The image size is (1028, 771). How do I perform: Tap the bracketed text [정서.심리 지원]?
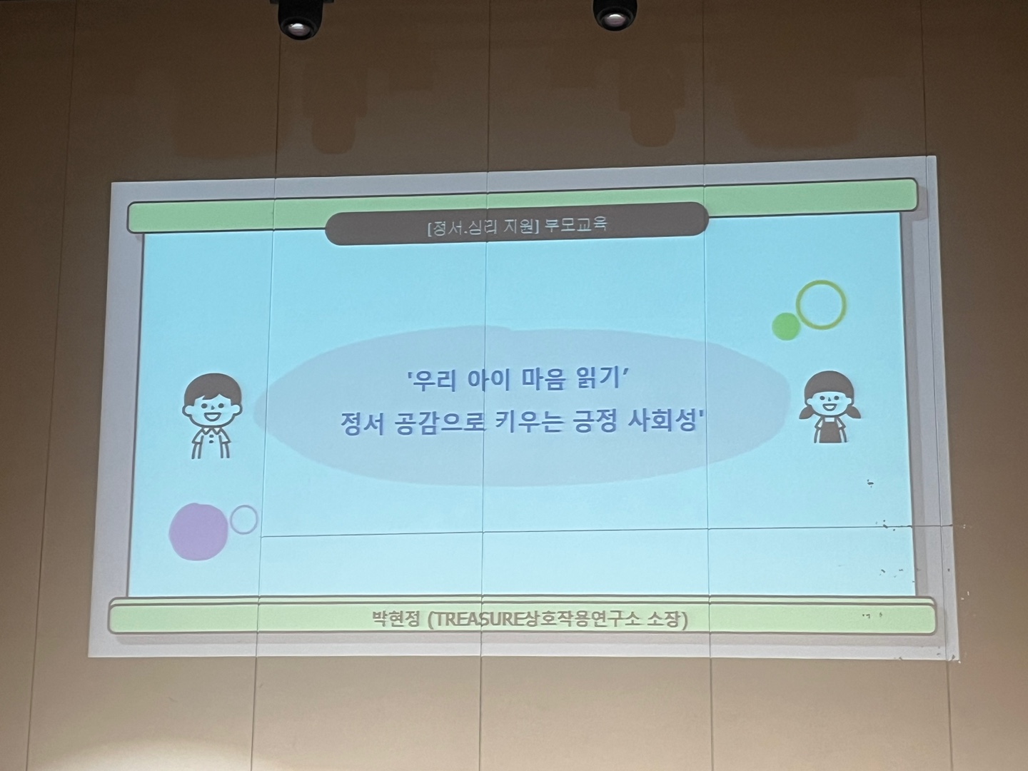[482, 226]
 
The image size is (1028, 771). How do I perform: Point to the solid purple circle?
[198, 531]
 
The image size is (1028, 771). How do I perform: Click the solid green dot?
[786, 326]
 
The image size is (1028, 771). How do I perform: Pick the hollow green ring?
[821, 305]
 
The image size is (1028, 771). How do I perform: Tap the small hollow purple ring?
[244, 520]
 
